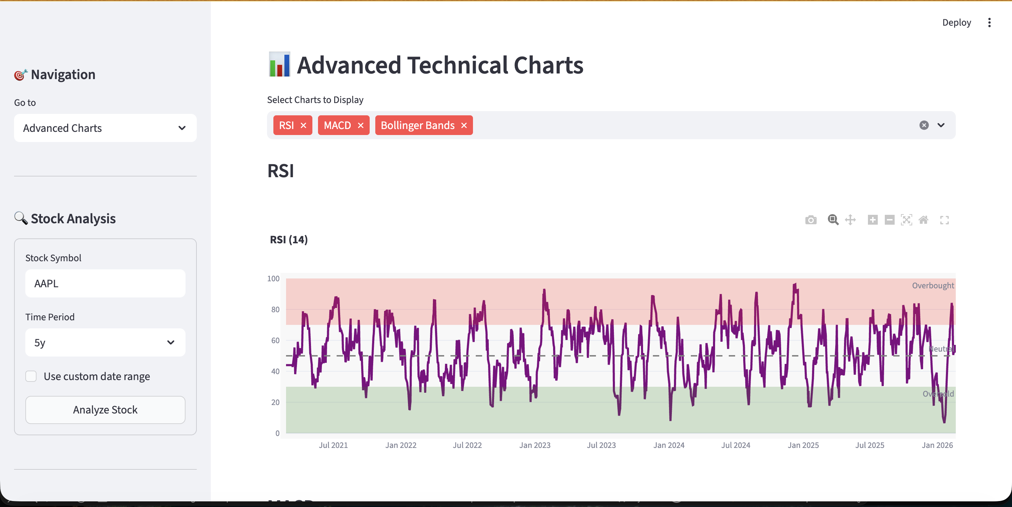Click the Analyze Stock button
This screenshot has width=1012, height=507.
(x=105, y=410)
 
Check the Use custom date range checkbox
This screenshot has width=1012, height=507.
(x=31, y=376)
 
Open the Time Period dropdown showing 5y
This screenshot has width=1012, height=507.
(x=105, y=342)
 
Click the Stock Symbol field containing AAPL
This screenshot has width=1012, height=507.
(x=105, y=283)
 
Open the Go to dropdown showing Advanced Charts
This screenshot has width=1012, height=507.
(x=105, y=128)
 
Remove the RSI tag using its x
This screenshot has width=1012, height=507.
(x=303, y=126)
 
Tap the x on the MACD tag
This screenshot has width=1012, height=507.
(x=361, y=126)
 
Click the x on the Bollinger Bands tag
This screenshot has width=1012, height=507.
(x=464, y=126)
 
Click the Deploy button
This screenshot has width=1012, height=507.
(x=956, y=23)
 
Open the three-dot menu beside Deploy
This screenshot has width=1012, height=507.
(x=989, y=23)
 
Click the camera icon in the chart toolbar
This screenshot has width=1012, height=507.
(x=810, y=220)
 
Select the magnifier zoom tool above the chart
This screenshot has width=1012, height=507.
(x=833, y=220)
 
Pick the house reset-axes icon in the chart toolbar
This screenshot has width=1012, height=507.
(x=923, y=220)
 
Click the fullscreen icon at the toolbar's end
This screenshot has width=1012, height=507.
(x=945, y=220)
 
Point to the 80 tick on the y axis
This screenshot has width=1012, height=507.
(x=275, y=310)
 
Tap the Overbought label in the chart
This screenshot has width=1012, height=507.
(x=933, y=286)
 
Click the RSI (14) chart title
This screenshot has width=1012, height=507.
(x=289, y=240)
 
